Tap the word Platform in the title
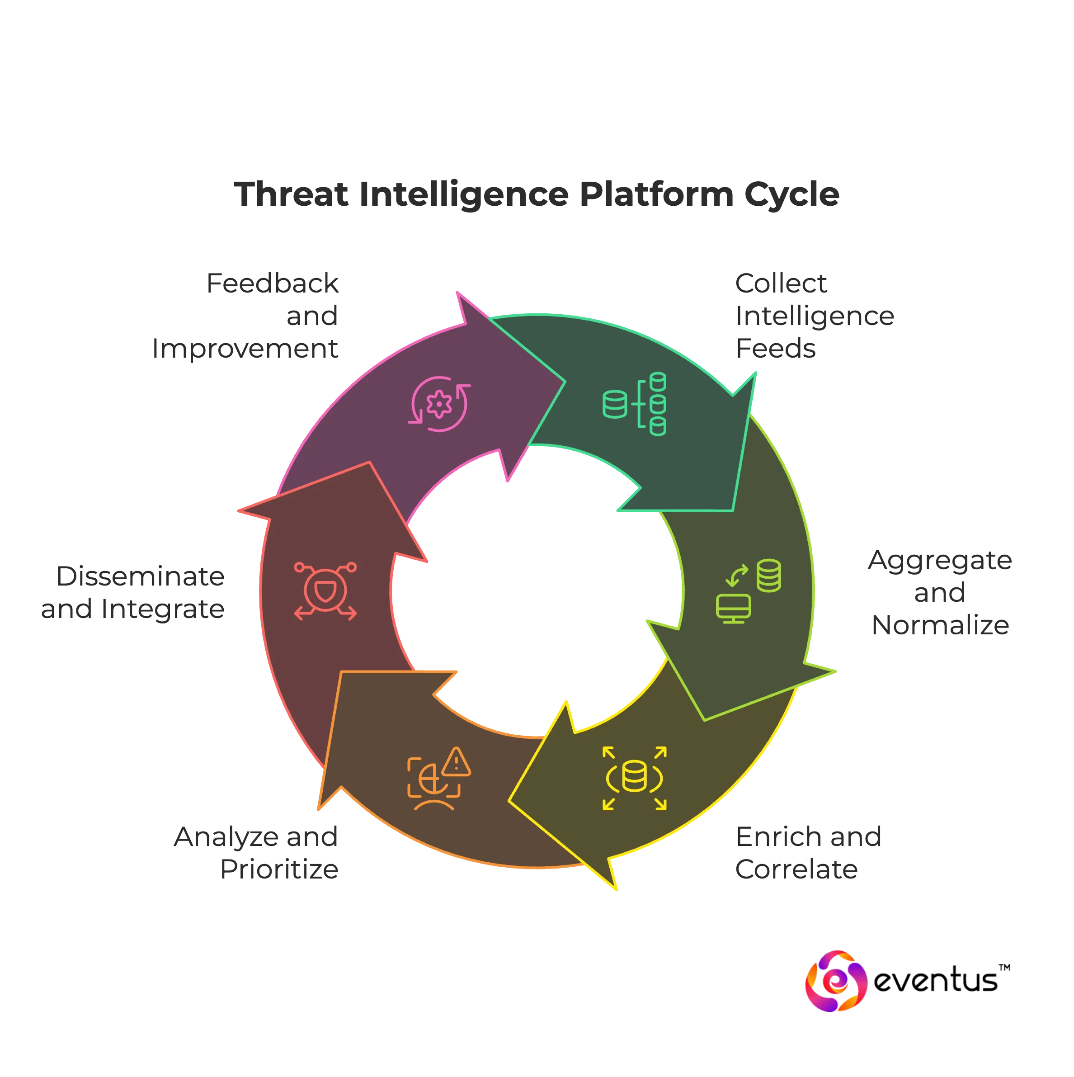pyautogui.click(x=655, y=194)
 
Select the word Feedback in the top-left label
pyautogui.click(x=273, y=283)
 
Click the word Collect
pyautogui.click(x=780, y=283)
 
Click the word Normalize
pyautogui.click(x=939, y=626)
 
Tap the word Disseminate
pyautogui.click(x=141, y=576)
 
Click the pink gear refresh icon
pyautogui.click(x=440, y=404)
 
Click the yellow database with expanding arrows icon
pyautogui.click(x=634, y=778)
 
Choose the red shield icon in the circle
pyautogui.click(x=325, y=591)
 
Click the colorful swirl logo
pyautogui.click(x=835, y=980)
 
